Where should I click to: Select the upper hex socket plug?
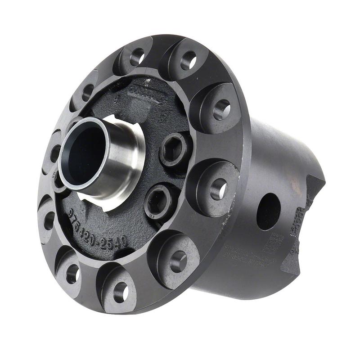pos(173,149)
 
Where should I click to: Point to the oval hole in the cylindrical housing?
pos(269,211)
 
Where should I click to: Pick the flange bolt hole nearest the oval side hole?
pos(219,189)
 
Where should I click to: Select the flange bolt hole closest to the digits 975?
pos(49,220)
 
